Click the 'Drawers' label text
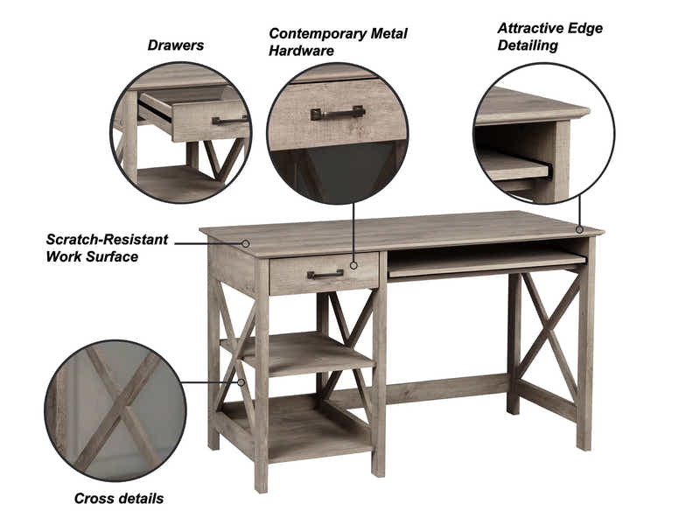click(x=175, y=45)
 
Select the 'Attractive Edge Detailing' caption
click(x=549, y=37)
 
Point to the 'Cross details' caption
click(x=118, y=499)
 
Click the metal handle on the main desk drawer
click(x=325, y=275)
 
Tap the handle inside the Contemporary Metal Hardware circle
click(x=337, y=113)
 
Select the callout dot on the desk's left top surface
click(x=246, y=243)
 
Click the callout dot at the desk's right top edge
click(x=579, y=229)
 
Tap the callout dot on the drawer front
click(x=353, y=265)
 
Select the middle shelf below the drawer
click(x=302, y=350)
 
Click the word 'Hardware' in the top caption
click(x=301, y=52)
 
